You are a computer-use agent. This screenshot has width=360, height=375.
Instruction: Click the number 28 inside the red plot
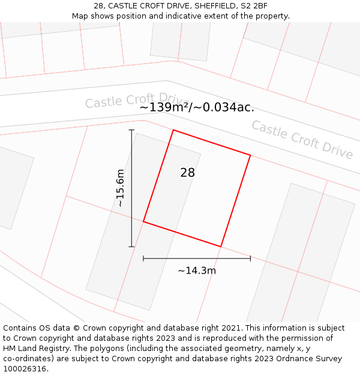click(x=187, y=173)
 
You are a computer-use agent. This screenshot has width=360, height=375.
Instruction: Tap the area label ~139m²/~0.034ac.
click(x=197, y=108)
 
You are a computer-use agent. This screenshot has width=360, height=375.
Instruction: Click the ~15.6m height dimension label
click(x=121, y=188)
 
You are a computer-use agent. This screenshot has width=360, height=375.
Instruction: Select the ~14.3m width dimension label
click(x=197, y=271)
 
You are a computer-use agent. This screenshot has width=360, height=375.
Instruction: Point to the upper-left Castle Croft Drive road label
click(x=137, y=100)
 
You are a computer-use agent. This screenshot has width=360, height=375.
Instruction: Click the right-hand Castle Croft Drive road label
click(x=302, y=140)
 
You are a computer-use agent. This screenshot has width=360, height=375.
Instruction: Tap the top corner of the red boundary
click(x=173, y=130)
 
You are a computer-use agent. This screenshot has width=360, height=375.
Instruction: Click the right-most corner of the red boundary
click(x=250, y=155)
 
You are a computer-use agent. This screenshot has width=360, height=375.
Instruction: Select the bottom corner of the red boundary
click(x=221, y=247)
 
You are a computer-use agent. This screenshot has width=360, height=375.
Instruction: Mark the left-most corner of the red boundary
click(x=143, y=222)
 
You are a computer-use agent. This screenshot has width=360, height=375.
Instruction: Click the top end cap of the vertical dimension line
click(x=131, y=130)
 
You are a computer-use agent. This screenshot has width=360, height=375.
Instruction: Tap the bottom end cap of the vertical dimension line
click(x=131, y=247)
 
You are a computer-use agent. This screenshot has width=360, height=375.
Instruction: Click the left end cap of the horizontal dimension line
click(x=143, y=258)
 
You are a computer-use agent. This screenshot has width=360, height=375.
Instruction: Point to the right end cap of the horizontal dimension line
click(x=250, y=258)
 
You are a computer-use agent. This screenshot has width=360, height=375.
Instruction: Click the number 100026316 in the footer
click(x=25, y=369)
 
